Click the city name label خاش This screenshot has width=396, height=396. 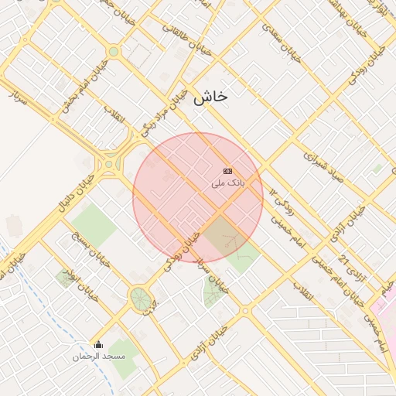coord(210,97)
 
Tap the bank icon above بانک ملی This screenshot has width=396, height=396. coord(227,171)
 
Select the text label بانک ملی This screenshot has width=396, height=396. coord(227,183)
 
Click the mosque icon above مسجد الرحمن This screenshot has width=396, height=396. coord(98,344)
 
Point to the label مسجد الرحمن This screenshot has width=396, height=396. coord(99,356)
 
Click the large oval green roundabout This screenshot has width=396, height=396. coord(140,298)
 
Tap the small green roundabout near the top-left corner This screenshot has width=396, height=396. coord(114,52)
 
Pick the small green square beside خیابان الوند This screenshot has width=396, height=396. coord(65,278)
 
